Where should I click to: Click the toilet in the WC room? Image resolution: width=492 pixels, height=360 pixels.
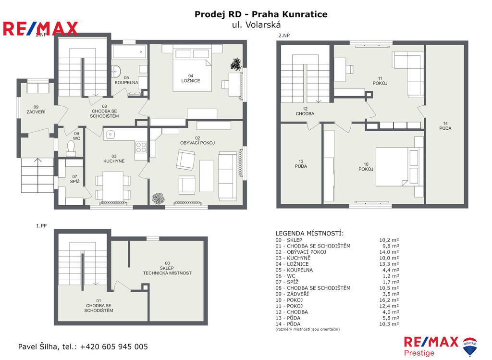pos(71,148)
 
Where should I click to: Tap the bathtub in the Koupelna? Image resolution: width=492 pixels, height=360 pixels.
pos(130,52)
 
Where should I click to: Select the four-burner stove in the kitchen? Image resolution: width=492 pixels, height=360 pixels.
pos(141,147)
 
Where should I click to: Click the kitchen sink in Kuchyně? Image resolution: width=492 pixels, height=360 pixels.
pos(110,135)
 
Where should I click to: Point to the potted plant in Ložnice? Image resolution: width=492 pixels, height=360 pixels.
pos(235,64)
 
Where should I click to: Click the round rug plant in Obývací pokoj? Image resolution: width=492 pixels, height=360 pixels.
pos(159,199)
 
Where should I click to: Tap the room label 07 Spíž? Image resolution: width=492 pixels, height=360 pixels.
pos(74,179)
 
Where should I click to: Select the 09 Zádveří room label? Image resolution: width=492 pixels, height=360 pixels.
pos(36,109)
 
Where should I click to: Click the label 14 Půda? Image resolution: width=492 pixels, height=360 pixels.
pos(445,125)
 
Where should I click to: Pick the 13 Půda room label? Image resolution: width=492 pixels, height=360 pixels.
pos(301,163)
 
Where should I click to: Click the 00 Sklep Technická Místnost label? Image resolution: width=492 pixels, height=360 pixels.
pos(167,268)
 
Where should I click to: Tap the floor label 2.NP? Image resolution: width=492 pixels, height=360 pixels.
pos(284,36)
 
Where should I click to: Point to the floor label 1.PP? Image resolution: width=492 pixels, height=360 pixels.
pos(41,226)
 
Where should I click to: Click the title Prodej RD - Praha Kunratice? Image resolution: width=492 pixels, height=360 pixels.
pos(261,14)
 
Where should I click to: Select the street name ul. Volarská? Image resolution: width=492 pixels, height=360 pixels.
pos(257,25)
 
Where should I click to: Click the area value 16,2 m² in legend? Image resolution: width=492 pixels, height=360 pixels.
pos(389,300)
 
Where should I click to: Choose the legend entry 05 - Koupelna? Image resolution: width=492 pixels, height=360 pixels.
pos(294,270)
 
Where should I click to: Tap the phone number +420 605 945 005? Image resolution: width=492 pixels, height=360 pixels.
pos(114,347)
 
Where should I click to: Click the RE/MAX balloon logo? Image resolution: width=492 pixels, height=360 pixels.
pos(470,347)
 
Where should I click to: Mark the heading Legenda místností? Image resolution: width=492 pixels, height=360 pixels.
pos(309,233)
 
